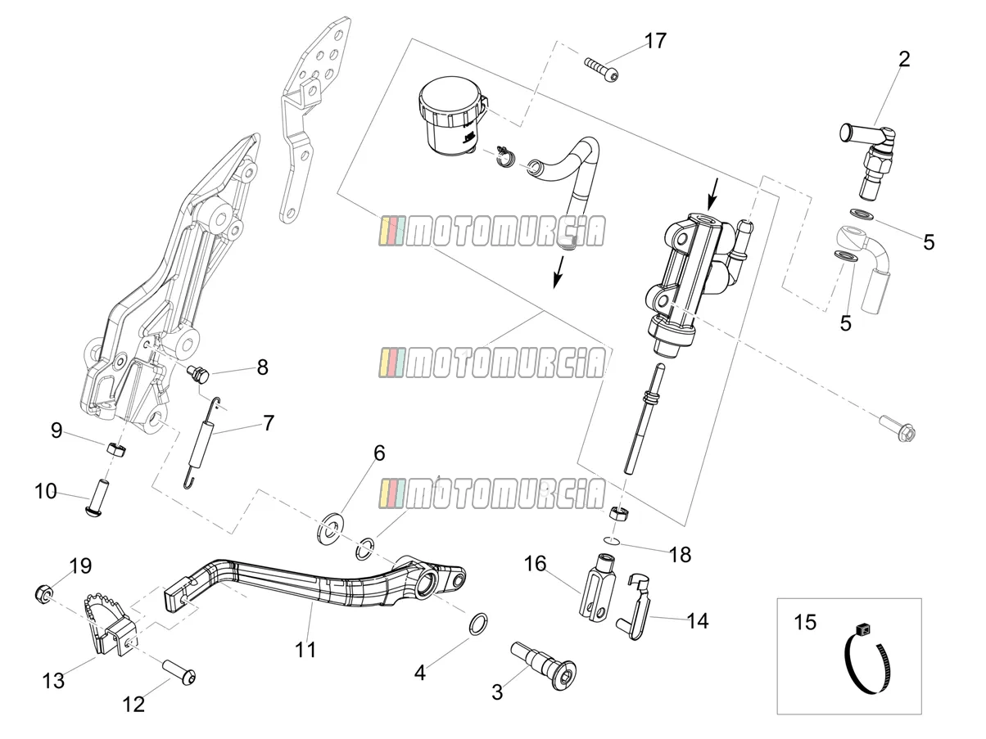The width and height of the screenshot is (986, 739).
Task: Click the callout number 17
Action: [655, 41]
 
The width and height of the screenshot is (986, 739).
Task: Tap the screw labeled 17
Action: [602, 70]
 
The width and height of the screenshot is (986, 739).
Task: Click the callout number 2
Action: [903, 59]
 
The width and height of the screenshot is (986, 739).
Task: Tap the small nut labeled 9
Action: [116, 448]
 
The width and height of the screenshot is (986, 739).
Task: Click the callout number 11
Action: [305, 649]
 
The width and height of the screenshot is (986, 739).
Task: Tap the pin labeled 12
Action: [179, 673]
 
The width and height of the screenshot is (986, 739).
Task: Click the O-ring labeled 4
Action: [478, 624]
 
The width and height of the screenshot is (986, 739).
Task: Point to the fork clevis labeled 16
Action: [595, 587]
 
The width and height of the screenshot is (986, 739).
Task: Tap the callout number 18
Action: [681, 555]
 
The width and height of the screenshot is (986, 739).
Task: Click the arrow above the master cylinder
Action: [713, 194]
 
